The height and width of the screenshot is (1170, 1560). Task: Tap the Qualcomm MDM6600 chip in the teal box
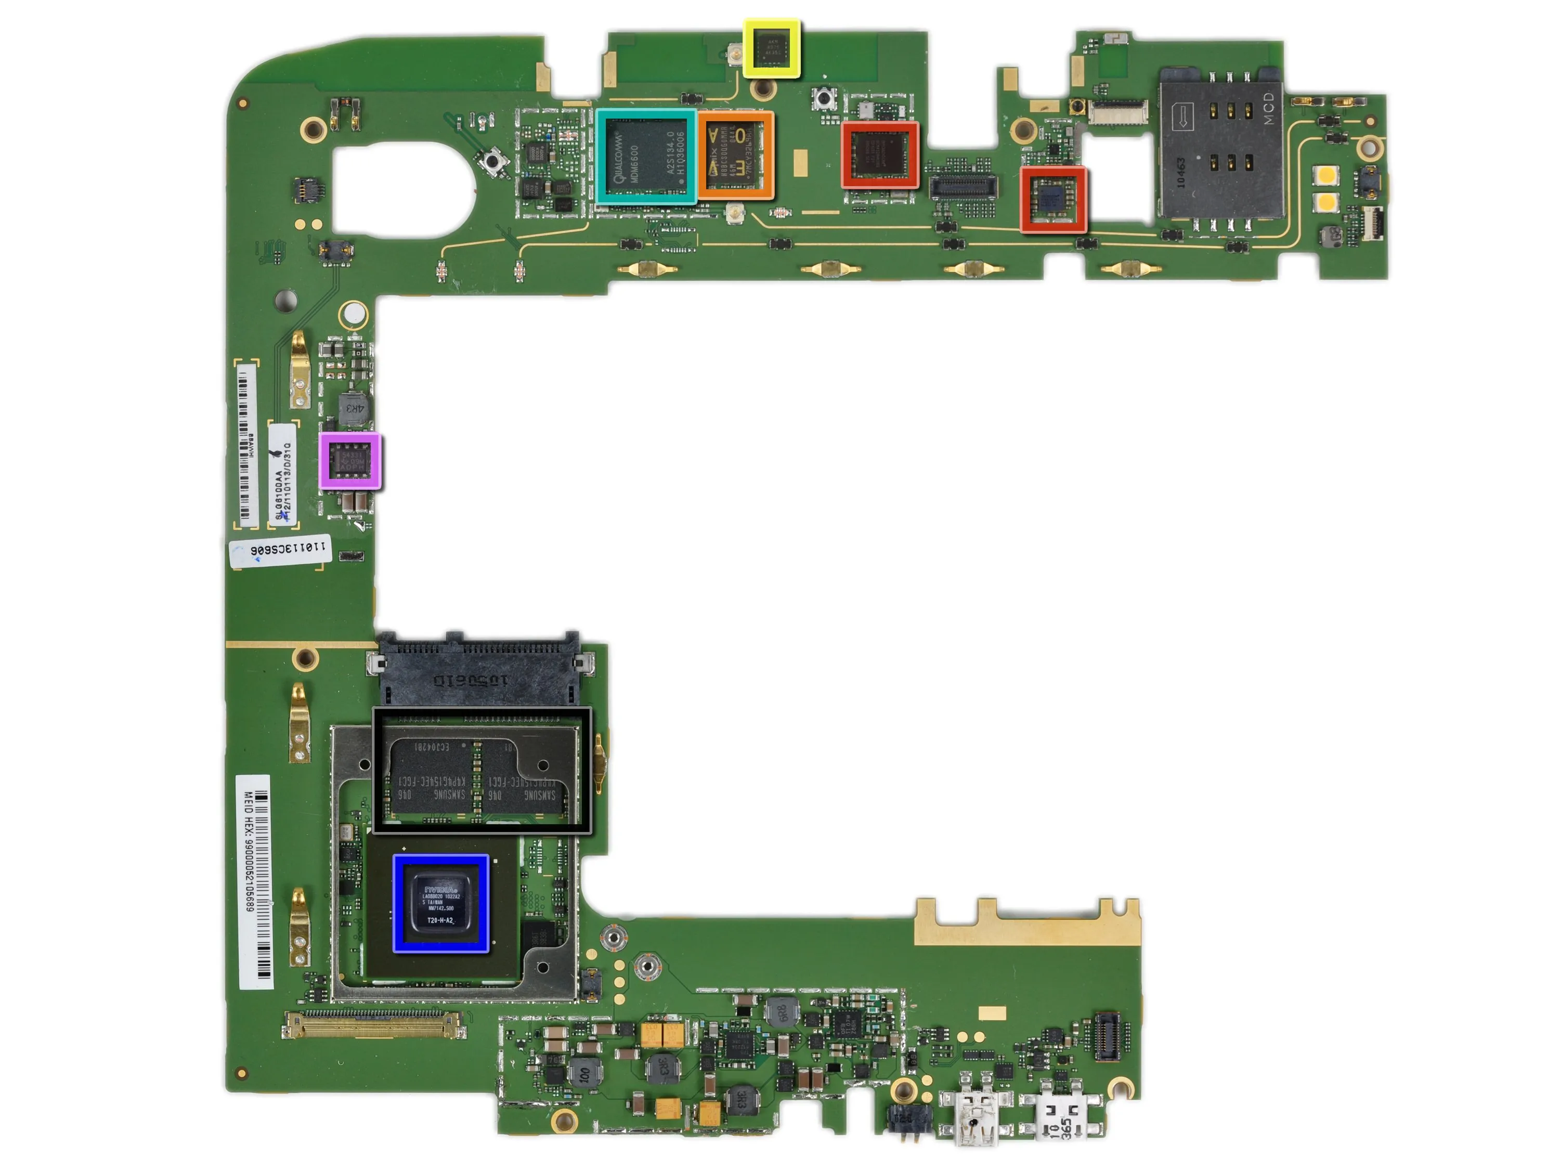pos(645,156)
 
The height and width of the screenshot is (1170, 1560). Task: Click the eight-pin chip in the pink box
pos(350,461)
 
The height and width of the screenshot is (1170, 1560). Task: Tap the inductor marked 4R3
pos(355,408)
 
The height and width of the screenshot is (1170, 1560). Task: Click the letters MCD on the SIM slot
pos(1269,108)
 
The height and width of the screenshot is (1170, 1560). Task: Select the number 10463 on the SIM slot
pos(1180,172)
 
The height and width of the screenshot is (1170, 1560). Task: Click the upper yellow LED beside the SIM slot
pos(1327,174)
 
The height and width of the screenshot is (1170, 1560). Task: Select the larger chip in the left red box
pos(879,154)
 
